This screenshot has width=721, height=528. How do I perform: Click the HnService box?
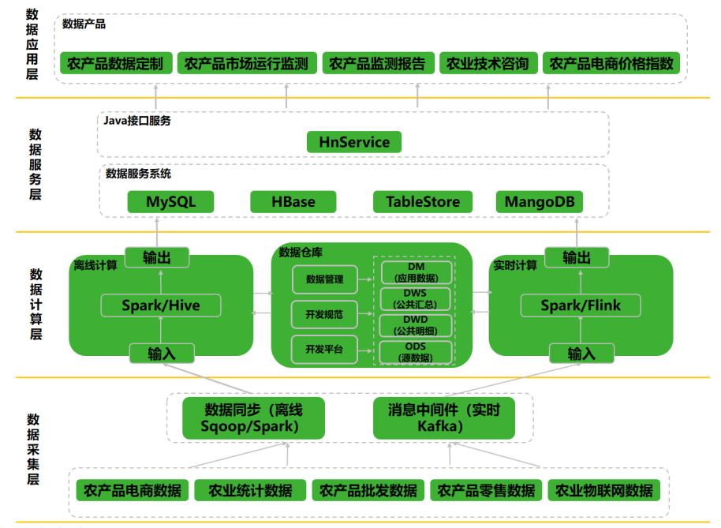[x=354, y=142]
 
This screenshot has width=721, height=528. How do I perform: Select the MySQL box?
[x=170, y=202]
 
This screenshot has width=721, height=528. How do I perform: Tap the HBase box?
[x=293, y=202]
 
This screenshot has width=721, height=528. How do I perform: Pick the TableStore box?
[x=423, y=202]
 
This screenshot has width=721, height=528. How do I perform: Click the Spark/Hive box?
[x=161, y=305]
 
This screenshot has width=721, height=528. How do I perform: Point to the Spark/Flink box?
[x=581, y=305]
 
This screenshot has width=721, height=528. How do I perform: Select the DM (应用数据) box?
[x=416, y=271]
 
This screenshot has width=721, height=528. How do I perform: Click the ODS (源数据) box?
[x=416, y=352]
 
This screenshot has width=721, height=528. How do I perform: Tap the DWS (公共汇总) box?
[x=416, y=298]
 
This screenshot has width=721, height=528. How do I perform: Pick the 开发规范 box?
[x=324, y=314]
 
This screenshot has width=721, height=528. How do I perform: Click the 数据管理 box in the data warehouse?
[x=324, y=279]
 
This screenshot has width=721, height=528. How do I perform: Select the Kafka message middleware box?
[x=444, y=418]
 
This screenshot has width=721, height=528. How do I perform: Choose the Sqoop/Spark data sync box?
[x=253, y=418]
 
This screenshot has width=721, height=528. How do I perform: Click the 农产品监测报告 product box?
[x=377, y=63]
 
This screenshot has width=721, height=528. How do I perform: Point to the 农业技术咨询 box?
[x=488, y=63]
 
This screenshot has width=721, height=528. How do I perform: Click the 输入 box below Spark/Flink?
[x=581, y=354]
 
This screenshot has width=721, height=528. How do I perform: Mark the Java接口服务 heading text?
[x=137, y=121]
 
